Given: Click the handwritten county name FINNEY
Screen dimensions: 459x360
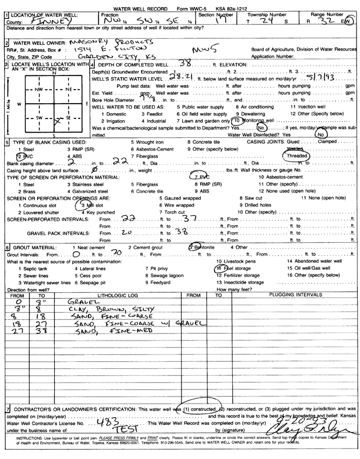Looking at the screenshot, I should point(39,19).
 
